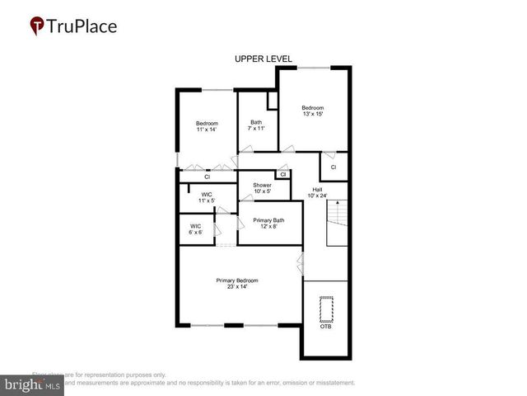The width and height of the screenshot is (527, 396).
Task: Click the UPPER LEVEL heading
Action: pos(259,59)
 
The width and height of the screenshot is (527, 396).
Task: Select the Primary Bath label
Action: pos(268,224)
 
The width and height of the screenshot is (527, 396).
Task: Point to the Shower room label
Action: pos(262,188)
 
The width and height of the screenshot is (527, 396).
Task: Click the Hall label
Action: pos(317,192)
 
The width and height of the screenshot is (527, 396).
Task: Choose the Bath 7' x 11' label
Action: pos(256,126)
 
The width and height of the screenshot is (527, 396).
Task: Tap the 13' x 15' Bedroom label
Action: pos(312,111)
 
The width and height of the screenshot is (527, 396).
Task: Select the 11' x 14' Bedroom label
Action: pos(207,126)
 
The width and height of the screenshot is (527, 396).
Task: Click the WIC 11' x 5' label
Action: pos(207,197)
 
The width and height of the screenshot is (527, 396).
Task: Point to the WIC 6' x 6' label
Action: pos(196,229)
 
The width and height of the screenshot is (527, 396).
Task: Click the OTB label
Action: pos(325,327)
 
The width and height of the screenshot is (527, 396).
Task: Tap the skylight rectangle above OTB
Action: pos(325,309)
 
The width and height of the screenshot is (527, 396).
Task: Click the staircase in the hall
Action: pos(338,225)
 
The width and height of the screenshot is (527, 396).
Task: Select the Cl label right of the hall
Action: pos(333,167)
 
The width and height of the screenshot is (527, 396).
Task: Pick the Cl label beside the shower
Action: pos(282,174)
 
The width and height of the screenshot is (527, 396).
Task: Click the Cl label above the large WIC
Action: pos(208,177)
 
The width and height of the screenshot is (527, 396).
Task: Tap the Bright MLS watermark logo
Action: pos(31,385)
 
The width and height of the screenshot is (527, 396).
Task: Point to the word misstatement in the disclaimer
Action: pos(330,383)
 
